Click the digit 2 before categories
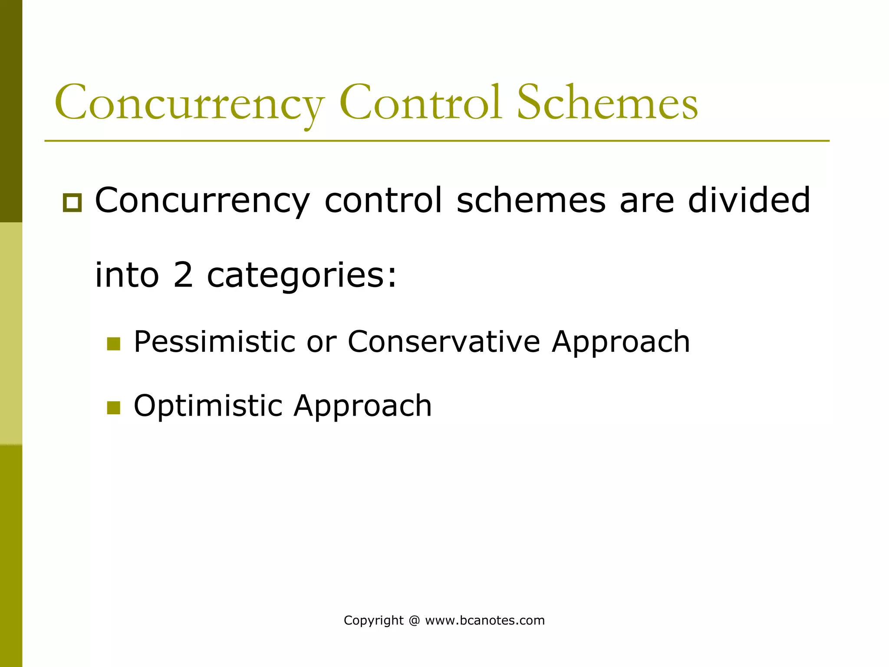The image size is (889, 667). [x=183, y=275]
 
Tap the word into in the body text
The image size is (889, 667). [x=127, y=275]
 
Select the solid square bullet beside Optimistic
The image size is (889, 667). [x=113, y=408]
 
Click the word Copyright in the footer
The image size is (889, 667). [x=373, y=621]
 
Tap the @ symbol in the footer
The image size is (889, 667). [x=414, y=621]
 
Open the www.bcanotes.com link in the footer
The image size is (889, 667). [x=485, y=621]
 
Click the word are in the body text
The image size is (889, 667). [x=647, y=201]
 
